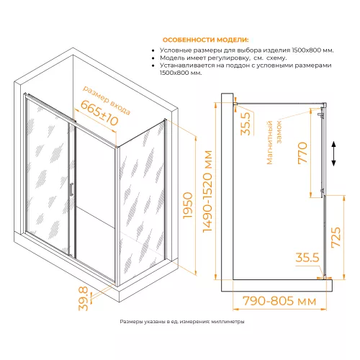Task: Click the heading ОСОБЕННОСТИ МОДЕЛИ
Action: (206, 40)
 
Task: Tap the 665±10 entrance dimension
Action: (99, 113)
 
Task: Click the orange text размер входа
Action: (107, 100)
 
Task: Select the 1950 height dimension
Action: (188, 205)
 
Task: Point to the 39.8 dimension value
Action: (84, 299)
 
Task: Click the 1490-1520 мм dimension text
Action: (207, 192)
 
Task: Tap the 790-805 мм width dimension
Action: (279, 301)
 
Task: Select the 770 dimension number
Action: (302, 153)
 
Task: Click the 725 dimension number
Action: (336, 237)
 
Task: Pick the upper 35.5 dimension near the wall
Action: (246, 124)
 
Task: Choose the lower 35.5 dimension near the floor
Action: (307, 258)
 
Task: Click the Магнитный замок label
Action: (274, 142)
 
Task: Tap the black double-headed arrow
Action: (333, 154)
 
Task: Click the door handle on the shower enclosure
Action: (71, 189)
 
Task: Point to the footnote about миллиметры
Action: (182, 322)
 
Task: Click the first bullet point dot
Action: (153, 51)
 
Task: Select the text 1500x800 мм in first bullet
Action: (312, 50)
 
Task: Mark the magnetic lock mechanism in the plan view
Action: (322, 115)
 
